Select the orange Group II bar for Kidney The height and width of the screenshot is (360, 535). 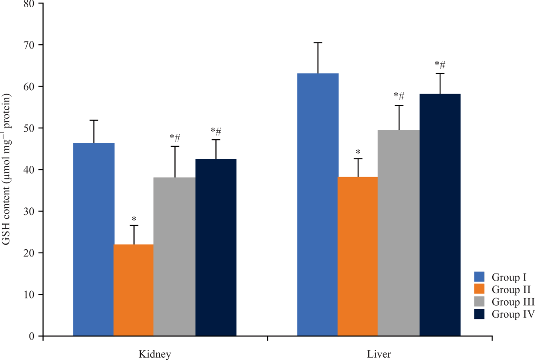tap(134, 290)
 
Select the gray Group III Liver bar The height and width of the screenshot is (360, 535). tap(399, 232)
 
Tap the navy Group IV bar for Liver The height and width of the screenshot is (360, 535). tap(440, 214)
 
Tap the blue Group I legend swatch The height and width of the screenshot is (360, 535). tap(479, 277)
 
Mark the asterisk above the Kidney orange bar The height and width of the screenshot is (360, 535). tap(134, 219)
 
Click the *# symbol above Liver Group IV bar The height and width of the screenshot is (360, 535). tap(440, 66)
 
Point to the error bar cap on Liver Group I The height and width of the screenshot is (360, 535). tap(318, 43)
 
